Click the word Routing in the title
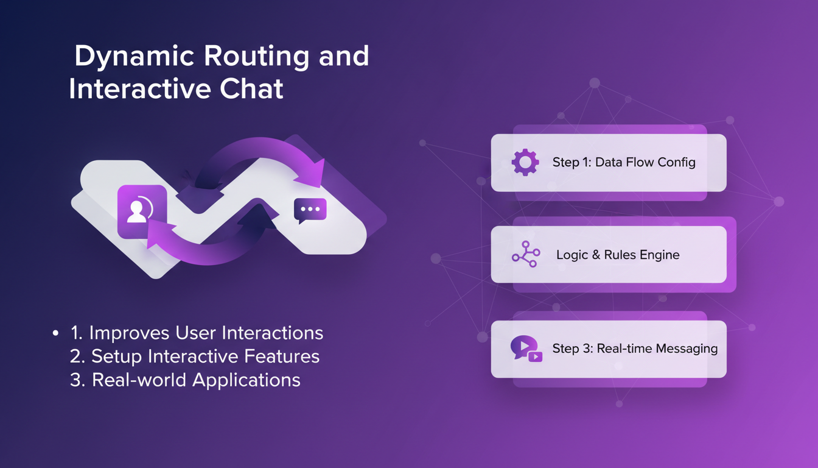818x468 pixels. [256, 56]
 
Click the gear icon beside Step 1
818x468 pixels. [525, 162]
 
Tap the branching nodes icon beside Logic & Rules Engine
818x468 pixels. [526, 254]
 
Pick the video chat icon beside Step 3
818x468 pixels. [526, 349]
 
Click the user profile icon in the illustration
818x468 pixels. [142, 211]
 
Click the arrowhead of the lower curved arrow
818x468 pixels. [159, 235]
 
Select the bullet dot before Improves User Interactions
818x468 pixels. [55, 333]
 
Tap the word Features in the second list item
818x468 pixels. [282, 356]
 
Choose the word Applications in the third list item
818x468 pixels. [246, 380]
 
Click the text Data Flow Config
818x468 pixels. [645, 162]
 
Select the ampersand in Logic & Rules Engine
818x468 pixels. [596, 255]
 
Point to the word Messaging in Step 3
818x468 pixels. [687, 349]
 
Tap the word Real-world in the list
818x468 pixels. [139, 380]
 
